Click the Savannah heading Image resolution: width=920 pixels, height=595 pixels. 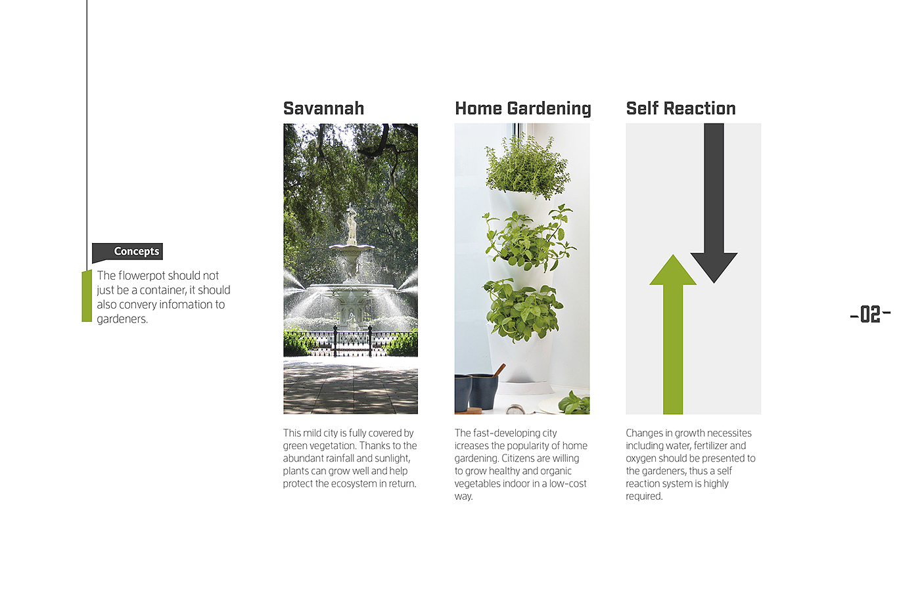[x=323, y=109]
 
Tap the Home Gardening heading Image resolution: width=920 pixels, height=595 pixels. [x=523, y=109]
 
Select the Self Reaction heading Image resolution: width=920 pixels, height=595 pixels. [x=681, y=109]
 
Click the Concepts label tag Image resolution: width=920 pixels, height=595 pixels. [x=127, y=252]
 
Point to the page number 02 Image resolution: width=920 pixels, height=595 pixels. [x=870, y=315]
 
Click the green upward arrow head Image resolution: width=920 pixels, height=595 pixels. [x=673, y=270]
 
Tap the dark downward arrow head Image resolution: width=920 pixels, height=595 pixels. [x=714, y=267]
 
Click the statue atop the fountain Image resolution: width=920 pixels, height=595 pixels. [x=352, y=225]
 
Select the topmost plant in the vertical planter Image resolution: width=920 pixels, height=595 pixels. [x=527, y=167]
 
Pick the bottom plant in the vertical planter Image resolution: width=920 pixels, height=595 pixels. [x=522, y=310]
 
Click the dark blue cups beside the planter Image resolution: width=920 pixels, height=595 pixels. [x=476, y=392]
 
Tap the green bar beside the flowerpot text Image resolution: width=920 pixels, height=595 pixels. [x=87, y=296]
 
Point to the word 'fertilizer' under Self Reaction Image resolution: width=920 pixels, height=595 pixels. [x=710, y=446]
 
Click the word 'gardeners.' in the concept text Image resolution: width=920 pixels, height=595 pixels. [x=122, y=319]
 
